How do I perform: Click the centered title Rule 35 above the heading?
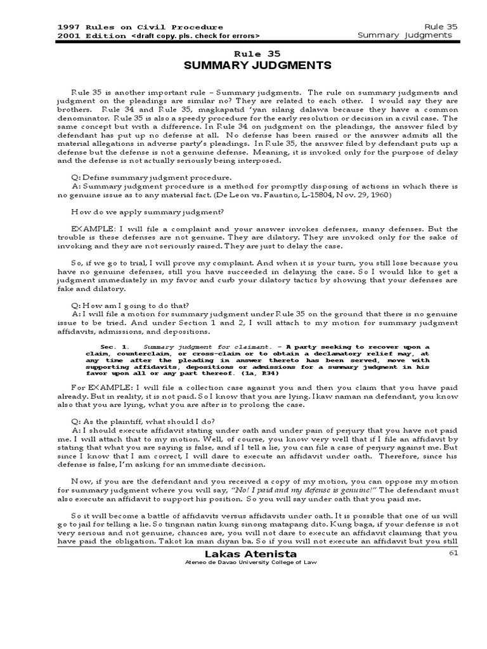pyautogui.click(x=257, y=54)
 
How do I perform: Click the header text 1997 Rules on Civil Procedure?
pyautogui.click(x=140, y=27)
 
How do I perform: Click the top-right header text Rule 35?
pyautogui.click(x=442, y=27)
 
